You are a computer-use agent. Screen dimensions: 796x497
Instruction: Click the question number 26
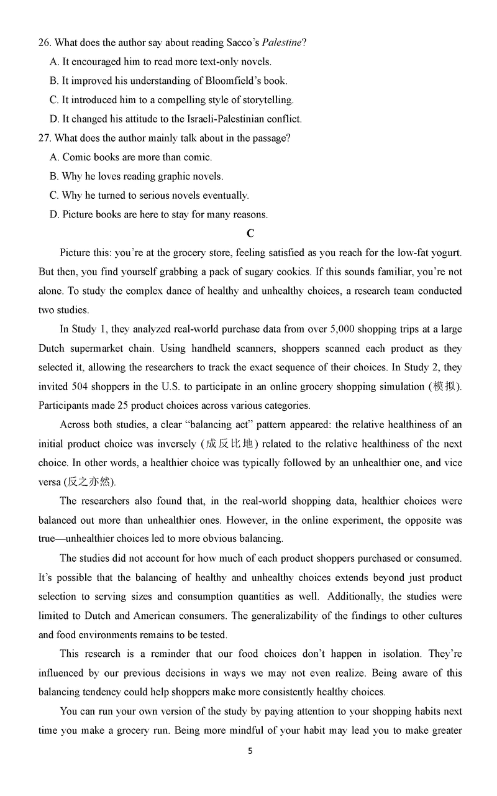click(x=43, y=43)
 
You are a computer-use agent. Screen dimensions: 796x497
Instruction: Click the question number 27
click(x=44, y=138)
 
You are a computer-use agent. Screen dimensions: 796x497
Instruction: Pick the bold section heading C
click(x=250, y=234)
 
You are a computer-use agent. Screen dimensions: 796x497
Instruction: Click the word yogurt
click(x=446, y=253)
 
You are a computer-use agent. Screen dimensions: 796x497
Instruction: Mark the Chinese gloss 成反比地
click(x=229, y=444)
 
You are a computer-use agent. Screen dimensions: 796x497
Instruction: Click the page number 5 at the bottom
click(x=250, y=751)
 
